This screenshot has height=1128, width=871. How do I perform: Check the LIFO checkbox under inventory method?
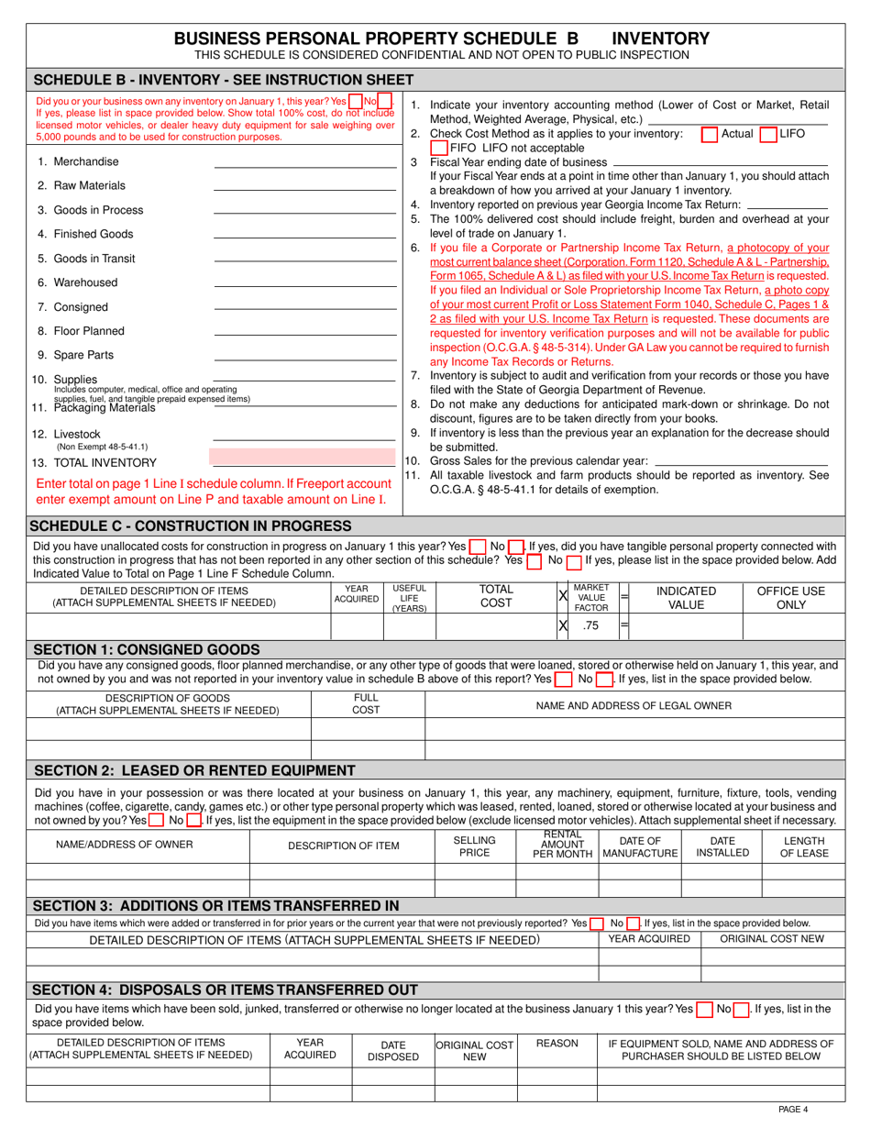tap(768, 134)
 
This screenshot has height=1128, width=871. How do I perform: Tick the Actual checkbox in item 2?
tap(709, 134)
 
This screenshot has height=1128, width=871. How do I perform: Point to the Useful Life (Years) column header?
tap(409, 598)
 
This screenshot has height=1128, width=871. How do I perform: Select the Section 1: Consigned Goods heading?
tap(146, 649)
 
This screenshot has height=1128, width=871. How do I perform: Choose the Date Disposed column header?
tap(393, 1050)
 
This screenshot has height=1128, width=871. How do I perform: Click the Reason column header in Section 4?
tap(557, 1044)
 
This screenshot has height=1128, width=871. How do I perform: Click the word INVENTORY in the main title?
tap(660, 38)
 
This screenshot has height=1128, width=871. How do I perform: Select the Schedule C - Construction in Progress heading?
tap(191, 525)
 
